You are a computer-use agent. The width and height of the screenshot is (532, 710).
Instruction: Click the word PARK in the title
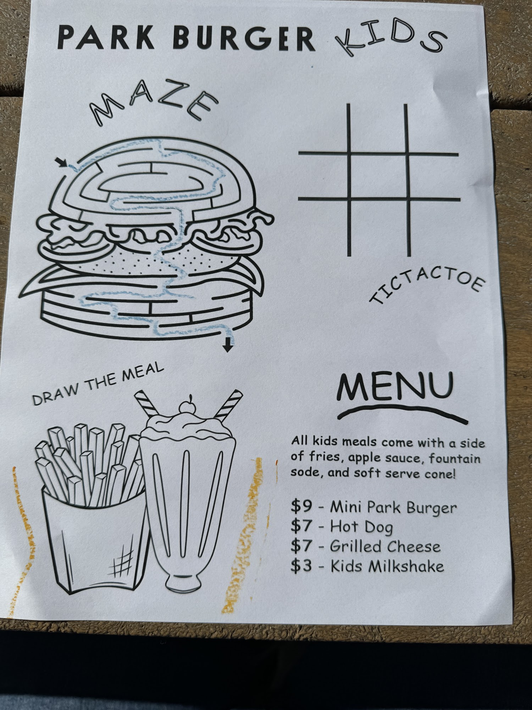tap(106, 37)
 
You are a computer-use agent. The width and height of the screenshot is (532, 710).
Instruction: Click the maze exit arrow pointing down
tap(228, 344)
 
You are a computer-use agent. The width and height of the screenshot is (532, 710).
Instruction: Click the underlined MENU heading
tap(395, 387)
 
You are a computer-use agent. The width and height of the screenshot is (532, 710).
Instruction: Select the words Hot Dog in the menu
tap(361, 526)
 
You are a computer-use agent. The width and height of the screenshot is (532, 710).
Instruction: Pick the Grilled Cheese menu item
tap(385, 546)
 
